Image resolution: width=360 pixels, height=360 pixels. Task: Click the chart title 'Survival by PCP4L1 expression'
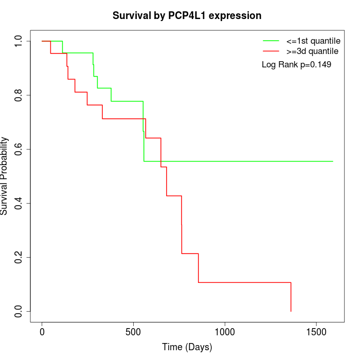(187, 15)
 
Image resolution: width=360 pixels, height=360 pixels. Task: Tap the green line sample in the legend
(271, 41)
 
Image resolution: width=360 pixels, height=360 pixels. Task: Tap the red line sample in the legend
(271, 51)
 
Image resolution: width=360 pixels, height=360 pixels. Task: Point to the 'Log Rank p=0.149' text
(296, 65)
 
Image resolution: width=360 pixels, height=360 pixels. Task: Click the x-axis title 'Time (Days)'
(187, 347)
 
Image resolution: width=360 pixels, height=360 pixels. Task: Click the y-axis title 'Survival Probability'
(5, 176)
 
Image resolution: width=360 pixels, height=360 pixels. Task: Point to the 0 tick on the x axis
(42, 332)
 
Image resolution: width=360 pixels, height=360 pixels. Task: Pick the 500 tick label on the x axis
(133, 332)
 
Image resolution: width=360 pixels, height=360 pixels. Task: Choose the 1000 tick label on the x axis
(225, 332)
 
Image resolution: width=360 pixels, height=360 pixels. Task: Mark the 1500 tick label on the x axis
(316, 332)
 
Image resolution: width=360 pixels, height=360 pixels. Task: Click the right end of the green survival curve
(333, 161)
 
